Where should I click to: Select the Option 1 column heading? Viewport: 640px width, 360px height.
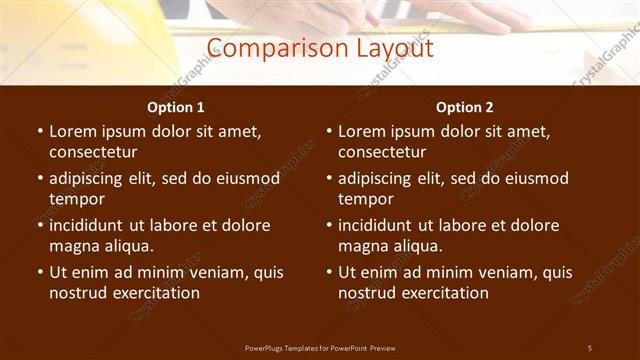tap(176, 107)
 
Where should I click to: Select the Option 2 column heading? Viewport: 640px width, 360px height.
tap(464, 107)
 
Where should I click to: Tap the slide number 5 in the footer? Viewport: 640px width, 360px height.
tap(590, 347)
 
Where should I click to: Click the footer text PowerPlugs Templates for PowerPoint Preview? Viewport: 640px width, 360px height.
tap(320, 347)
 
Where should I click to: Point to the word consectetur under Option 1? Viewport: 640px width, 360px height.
tap(93, 152)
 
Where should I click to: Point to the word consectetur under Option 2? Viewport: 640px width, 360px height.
tap(382, 152)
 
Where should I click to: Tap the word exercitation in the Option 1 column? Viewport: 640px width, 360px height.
tap(155, 293)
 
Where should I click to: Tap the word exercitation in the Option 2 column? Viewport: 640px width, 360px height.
tap(444, 293)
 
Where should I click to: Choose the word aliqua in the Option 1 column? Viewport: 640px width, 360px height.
tap(124, 246)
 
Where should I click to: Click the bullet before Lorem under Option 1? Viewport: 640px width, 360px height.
tap(39, 131)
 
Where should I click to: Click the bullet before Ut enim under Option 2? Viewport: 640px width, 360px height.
tap(328, 272)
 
